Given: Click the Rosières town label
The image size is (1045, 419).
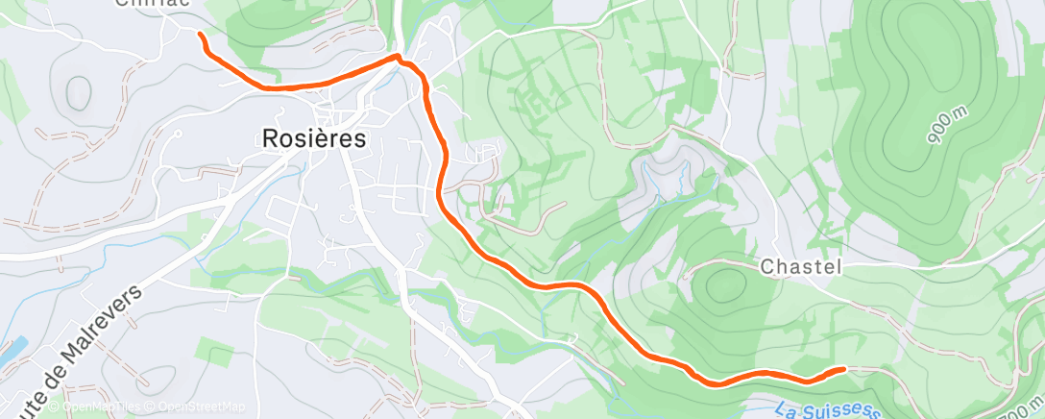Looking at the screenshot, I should [314, 138].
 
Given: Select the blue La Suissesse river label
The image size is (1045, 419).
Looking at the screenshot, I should [826, 410].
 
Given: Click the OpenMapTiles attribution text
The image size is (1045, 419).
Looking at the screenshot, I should [95, 407].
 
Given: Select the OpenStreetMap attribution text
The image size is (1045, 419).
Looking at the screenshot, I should [197, 407].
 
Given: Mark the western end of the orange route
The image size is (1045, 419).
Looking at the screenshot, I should [201, 35].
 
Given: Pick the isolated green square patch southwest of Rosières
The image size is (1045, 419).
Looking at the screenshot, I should [220, 357].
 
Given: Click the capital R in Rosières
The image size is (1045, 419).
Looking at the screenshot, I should [271, 138].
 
